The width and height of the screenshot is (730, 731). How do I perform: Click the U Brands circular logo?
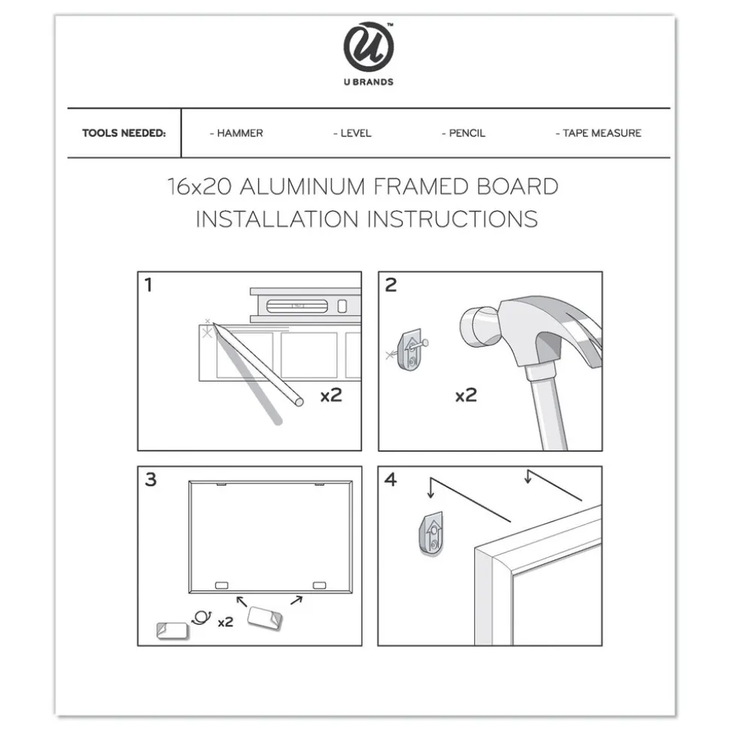tap(368, 47)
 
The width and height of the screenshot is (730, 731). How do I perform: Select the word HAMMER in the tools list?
tap(239, 133)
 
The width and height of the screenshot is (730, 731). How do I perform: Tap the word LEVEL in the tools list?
tap(355, 133)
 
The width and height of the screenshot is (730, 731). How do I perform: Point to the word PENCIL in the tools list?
tap(467, 133)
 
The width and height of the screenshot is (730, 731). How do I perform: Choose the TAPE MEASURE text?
tap(602, 133)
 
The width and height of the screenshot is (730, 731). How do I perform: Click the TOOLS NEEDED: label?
tap(123, 133)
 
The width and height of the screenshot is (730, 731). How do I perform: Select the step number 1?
tap(148, 285)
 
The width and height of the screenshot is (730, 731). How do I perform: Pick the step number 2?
tap(391, 285)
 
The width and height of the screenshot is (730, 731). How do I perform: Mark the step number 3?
tap(151, 480)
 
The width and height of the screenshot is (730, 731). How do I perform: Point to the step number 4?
tap(391, 480)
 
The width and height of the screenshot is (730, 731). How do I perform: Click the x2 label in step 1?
tap(330, 395)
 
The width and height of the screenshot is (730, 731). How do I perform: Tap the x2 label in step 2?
tap(465, 395)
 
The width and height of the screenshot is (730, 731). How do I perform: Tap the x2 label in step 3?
tap(225, 623)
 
